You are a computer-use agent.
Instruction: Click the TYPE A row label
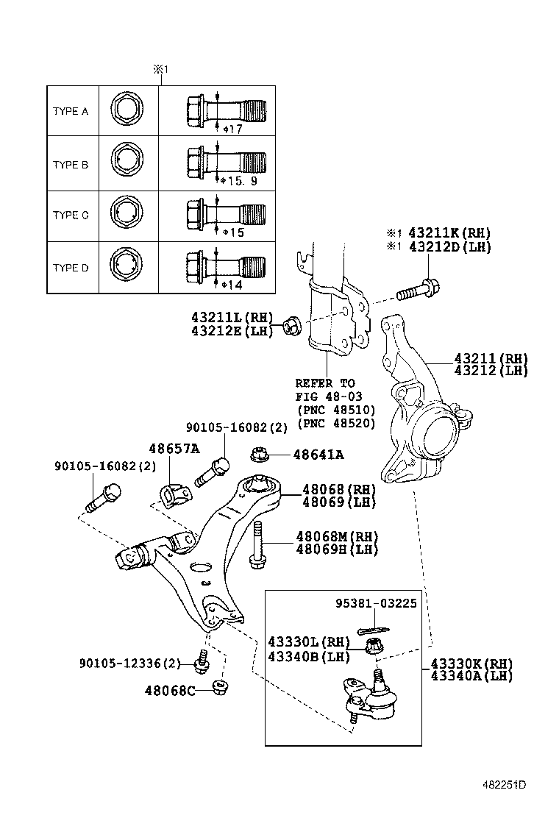click(71, 112)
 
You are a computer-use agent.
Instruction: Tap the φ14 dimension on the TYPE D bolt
click(232, 284)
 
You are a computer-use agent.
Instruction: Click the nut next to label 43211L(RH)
click(291, 324)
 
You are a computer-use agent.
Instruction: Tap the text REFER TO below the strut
click(324, 383)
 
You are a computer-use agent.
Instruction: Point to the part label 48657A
click(174, 448)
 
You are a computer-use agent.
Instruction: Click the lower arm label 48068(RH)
click(338, 489)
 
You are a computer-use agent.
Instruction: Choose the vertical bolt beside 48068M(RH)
click(257, 545)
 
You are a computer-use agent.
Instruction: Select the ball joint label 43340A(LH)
click(470, 675)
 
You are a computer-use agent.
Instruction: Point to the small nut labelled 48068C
click(218, 688)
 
